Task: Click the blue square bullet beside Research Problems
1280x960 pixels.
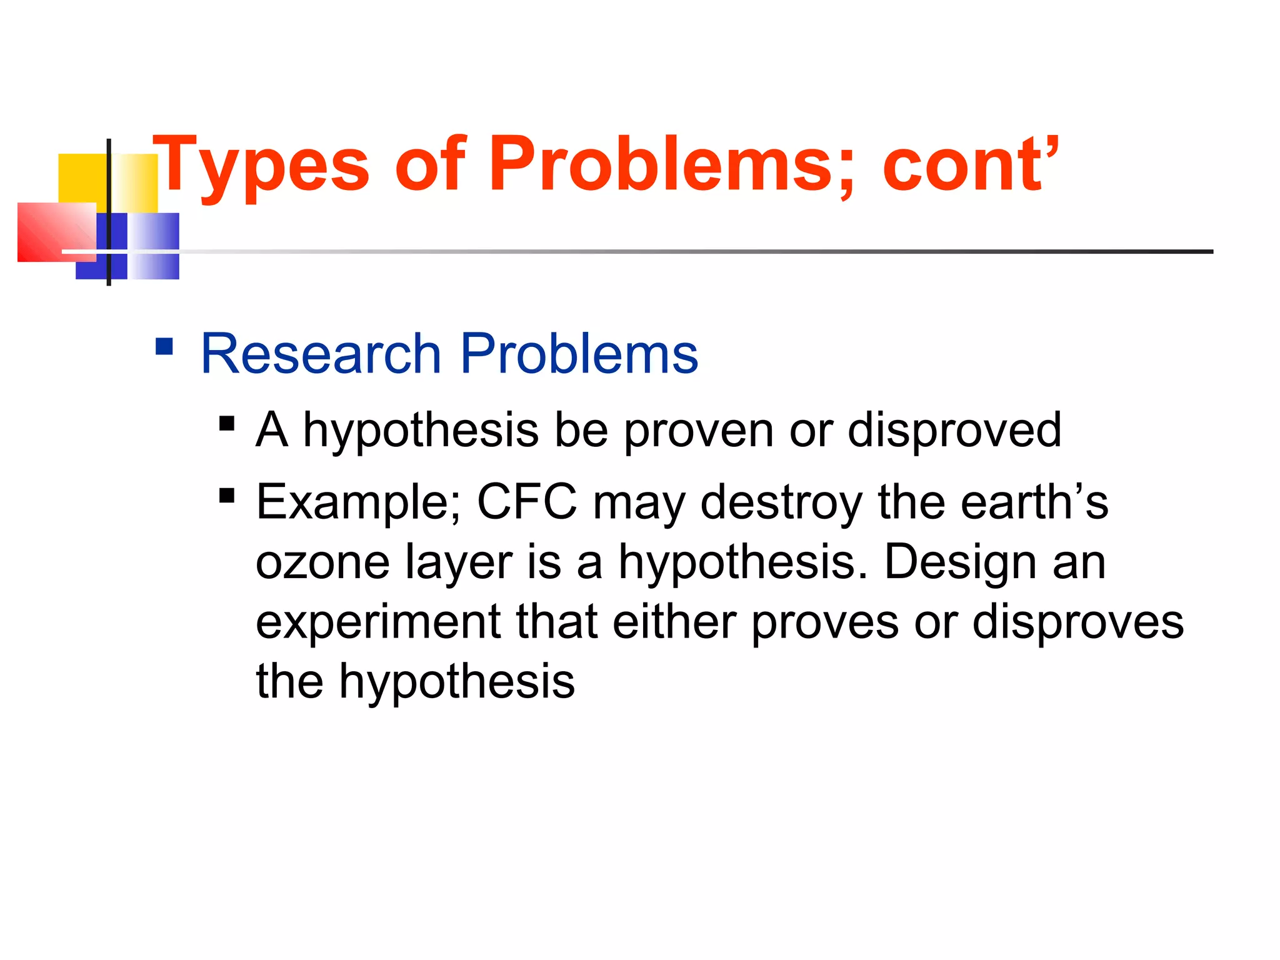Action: (164, 346)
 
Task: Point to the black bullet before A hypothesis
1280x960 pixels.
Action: (227, 424)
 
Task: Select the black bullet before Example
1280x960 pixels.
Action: (227, 496)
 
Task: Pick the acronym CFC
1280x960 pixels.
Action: (527, 502)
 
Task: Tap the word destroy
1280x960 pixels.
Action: (781, 503)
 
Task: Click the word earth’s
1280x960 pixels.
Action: (1034, 502)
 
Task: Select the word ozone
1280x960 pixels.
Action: (322, 562)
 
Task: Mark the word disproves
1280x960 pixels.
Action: (1078, 621)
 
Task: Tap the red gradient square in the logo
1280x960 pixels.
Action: (56, 232)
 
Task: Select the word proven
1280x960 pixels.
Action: (699, 431)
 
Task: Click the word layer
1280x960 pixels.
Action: (459, 563)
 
